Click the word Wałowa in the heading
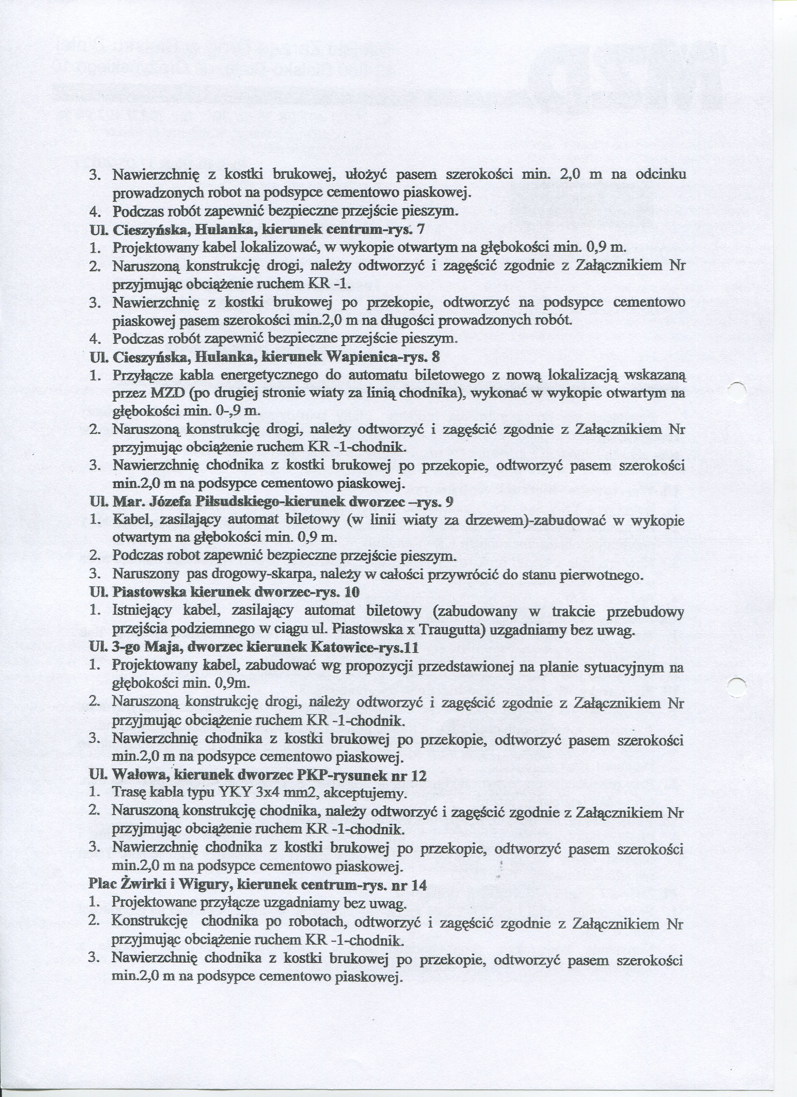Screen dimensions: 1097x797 [x=138, y=776]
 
